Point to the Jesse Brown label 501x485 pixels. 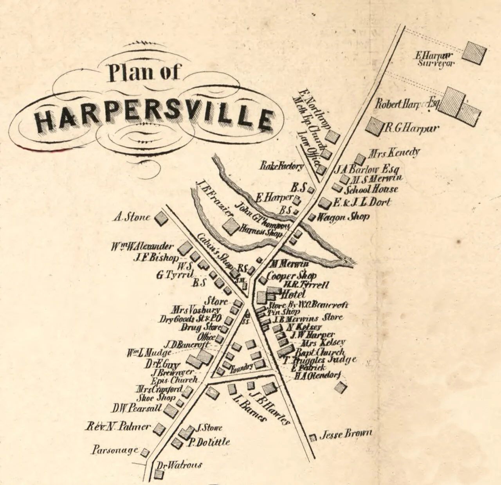pyautogui.click(x=346, y=434)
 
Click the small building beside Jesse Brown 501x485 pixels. pyautogui.click(x=313, y=438)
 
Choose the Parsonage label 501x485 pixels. pyautogui.click(x=115, y=450)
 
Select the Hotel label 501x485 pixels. pyautogui.click(x=293, y=294)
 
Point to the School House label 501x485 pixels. pyautogui.click(x=371, y=190)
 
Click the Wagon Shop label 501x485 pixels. pyautogui.click(x=343, y=216)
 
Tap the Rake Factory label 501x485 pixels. pyautogui.click(x=282, y=166)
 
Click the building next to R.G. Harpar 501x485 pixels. pyautogui.click(x=374, y=126)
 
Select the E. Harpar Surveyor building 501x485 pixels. pyautogui.click(x=474, y=53)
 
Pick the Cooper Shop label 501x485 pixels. pyautogui.click(x=291, y=276)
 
